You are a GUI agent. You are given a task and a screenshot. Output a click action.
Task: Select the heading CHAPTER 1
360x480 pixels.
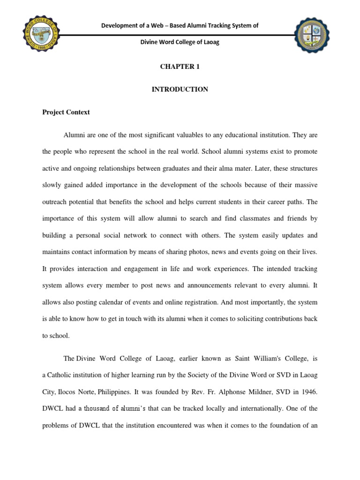click(180, 67)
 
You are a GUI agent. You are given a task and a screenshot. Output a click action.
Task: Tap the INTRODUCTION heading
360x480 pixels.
click(180, 89)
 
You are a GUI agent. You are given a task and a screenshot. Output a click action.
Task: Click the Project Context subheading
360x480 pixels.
click(66, 112)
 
